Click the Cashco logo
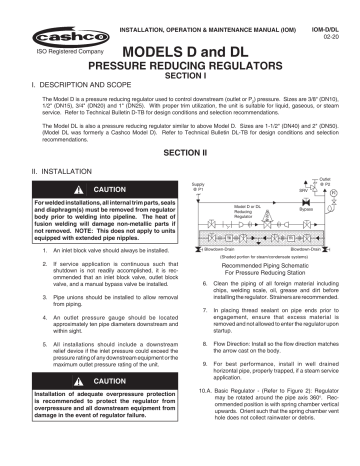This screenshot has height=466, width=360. (x=45, y=20)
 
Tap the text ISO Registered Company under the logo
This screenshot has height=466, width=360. (x=46, y=48)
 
